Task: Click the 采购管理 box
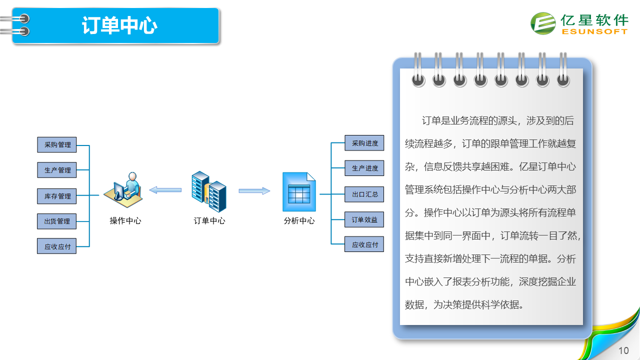(x=57, y=144)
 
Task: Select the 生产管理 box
(x=57, y=170)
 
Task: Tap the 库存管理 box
(x=57, y=196)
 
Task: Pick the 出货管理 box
(x=57, y=221)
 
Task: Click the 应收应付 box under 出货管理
(x=57, y=246)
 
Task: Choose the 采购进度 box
(x=364, y=143)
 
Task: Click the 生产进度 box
(x=364, y=168)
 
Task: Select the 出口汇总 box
(x=364, y=194)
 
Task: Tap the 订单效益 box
(x=364, y=219)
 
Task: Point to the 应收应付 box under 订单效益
(x=364, y=244)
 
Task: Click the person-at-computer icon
(x=123, y=189)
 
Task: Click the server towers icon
(x=209, y=191)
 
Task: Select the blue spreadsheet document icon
(x=299, y=191)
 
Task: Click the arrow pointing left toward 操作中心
(x=165, y=190)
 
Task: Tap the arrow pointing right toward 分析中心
(x=254, y=190)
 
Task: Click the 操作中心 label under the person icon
(x=125, y=220)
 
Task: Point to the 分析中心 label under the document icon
(x=299, y=220)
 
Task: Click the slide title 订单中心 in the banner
(x=119, y=25)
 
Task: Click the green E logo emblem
(x=543, y=23)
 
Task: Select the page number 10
(x=623, y=350)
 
